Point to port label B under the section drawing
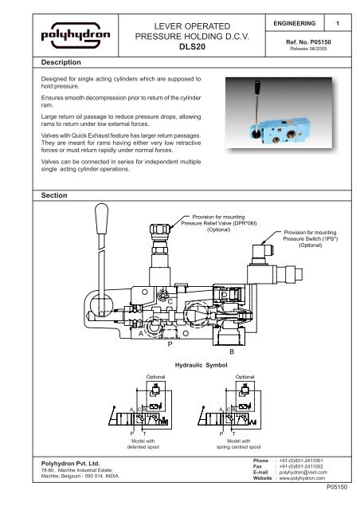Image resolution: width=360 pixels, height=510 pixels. pos(232,351)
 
